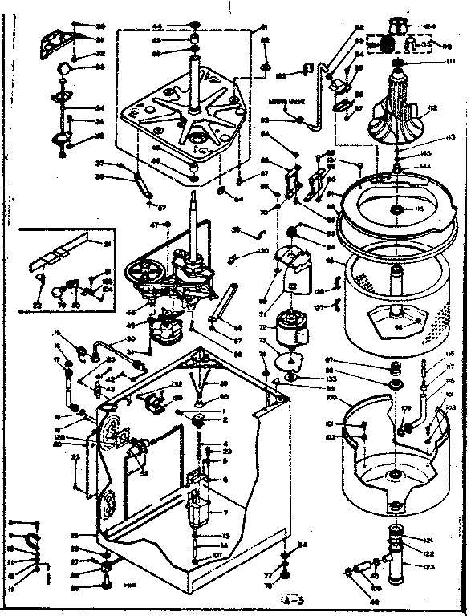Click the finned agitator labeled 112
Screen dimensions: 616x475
pyautogui.click(x=401, y=104)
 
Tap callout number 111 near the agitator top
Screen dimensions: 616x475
pyautogui.click(x=450, y=61)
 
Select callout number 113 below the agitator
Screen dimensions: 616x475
pyautogui.click(x=450, y=137)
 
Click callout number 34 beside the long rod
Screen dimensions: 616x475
pyautogui.click(x=99, y=108)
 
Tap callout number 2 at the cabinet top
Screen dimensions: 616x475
pyautogui.click(x=227, y=419)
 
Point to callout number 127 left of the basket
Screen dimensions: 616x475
pyautogui.click(x=319, y=307)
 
